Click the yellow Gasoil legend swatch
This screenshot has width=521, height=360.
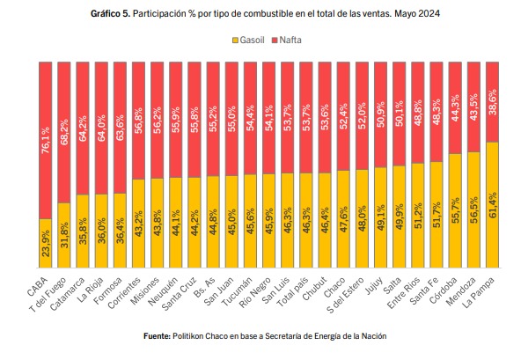pyautogui.click(x=235, y=40)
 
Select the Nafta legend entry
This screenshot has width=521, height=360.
pyautogui.click(x=286, y=40)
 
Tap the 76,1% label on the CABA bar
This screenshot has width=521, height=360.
pyautogui.click(x=46, y=140)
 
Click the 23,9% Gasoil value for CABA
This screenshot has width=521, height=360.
pyautogui.click(x=46, y=243)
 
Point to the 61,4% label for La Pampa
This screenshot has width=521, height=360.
pyautogui.click(x=493, y=205)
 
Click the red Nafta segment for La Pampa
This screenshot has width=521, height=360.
pyautogui.click(x=493, y=102)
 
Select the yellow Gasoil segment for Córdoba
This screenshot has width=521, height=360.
pyautogui.click(x=455, y=210)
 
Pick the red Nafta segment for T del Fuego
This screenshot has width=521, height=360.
pyautogui.click(x=64, y=133)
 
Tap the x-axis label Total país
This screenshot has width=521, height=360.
pyautogui.click(x=293, y=292)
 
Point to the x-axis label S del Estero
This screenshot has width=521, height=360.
pyautogui.click(x=346, y=295)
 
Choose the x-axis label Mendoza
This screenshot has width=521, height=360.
pyautogui.click(x=461, y=291)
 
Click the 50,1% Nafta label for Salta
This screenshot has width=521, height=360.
pyautogui.click(x=400, y=114)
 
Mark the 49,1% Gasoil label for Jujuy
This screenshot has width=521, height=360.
pyautogui.click(x=381, y=217)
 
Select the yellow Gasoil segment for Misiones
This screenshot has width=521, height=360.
pyautogui.click(x=158, y=223)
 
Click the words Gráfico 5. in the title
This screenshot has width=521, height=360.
pyautogui.click(x=111, y=13)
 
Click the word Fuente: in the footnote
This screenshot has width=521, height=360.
pyautogui.click(x=157, y=336)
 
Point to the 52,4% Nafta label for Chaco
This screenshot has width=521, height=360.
pyautogui.click(x=343, y=116)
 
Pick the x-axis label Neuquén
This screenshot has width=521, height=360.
pyautogui.click(x=163, y=291)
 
